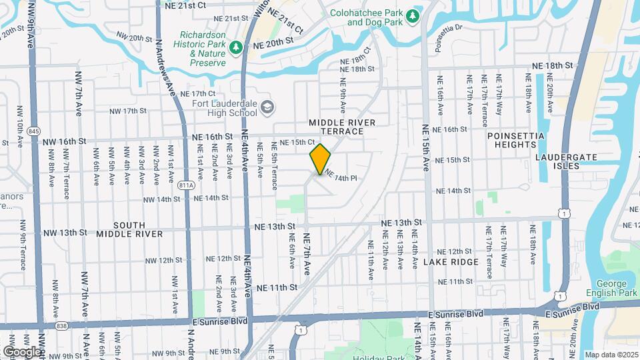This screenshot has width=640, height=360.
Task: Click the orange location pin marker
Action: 321,159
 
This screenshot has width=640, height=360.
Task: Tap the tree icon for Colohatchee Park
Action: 412,15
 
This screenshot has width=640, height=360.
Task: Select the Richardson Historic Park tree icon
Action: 235,47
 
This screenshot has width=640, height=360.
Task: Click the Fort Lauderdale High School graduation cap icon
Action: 267,107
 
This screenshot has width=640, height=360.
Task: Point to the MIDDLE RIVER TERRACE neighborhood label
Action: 342,127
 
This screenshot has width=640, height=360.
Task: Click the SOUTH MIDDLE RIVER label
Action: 129,229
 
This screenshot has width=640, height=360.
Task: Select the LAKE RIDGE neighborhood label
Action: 451,262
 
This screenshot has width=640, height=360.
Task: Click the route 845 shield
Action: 35,131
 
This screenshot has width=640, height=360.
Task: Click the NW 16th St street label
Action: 65,141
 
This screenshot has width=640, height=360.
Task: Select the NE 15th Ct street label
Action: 297,142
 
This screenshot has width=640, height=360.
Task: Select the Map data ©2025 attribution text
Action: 611,355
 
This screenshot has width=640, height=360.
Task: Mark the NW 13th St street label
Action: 64,232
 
